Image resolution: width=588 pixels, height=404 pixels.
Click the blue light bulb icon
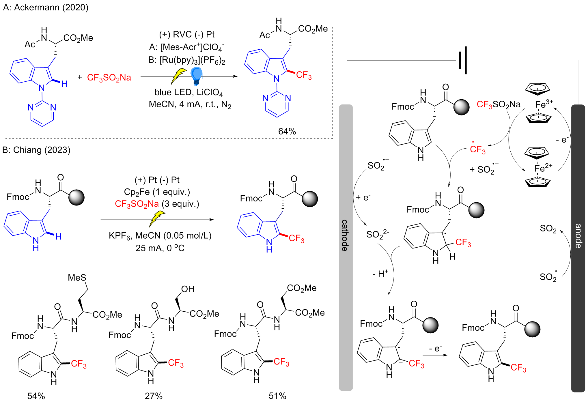tap(196, 76)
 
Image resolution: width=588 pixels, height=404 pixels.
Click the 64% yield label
tap(287, 131)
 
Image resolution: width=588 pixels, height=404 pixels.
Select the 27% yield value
tap(154, 396)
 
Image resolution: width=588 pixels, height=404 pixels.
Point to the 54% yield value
tap(36, 396)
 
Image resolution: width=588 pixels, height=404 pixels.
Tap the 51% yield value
tap(277, 396)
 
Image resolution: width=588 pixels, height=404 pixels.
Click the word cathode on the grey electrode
tap(345, 235)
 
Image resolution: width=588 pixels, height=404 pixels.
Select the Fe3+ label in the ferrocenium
tap(544, 104)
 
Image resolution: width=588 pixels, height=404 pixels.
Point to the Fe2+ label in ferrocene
tap(543, 168)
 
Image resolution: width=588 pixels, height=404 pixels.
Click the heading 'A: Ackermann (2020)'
tap(46, 7)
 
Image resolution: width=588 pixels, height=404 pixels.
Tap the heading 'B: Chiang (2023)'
tap(36, 150)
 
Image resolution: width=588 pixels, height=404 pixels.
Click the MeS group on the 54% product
tap(77, 278)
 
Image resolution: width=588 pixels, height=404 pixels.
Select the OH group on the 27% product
tap(188, 289)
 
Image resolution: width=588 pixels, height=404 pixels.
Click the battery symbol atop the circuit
tap(463, 60)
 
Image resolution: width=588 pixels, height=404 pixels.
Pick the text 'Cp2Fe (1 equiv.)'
tap(157, 192)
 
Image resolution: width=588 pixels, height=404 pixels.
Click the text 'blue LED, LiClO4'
tap(188, 92)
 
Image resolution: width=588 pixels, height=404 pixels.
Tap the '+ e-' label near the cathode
tap(363, 197)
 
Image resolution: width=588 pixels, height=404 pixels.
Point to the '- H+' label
tap(380, 274)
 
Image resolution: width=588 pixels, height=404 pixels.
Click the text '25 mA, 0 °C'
tap(160, 248)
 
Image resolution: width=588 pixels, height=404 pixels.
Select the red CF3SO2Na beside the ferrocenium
tap(499, 104)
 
